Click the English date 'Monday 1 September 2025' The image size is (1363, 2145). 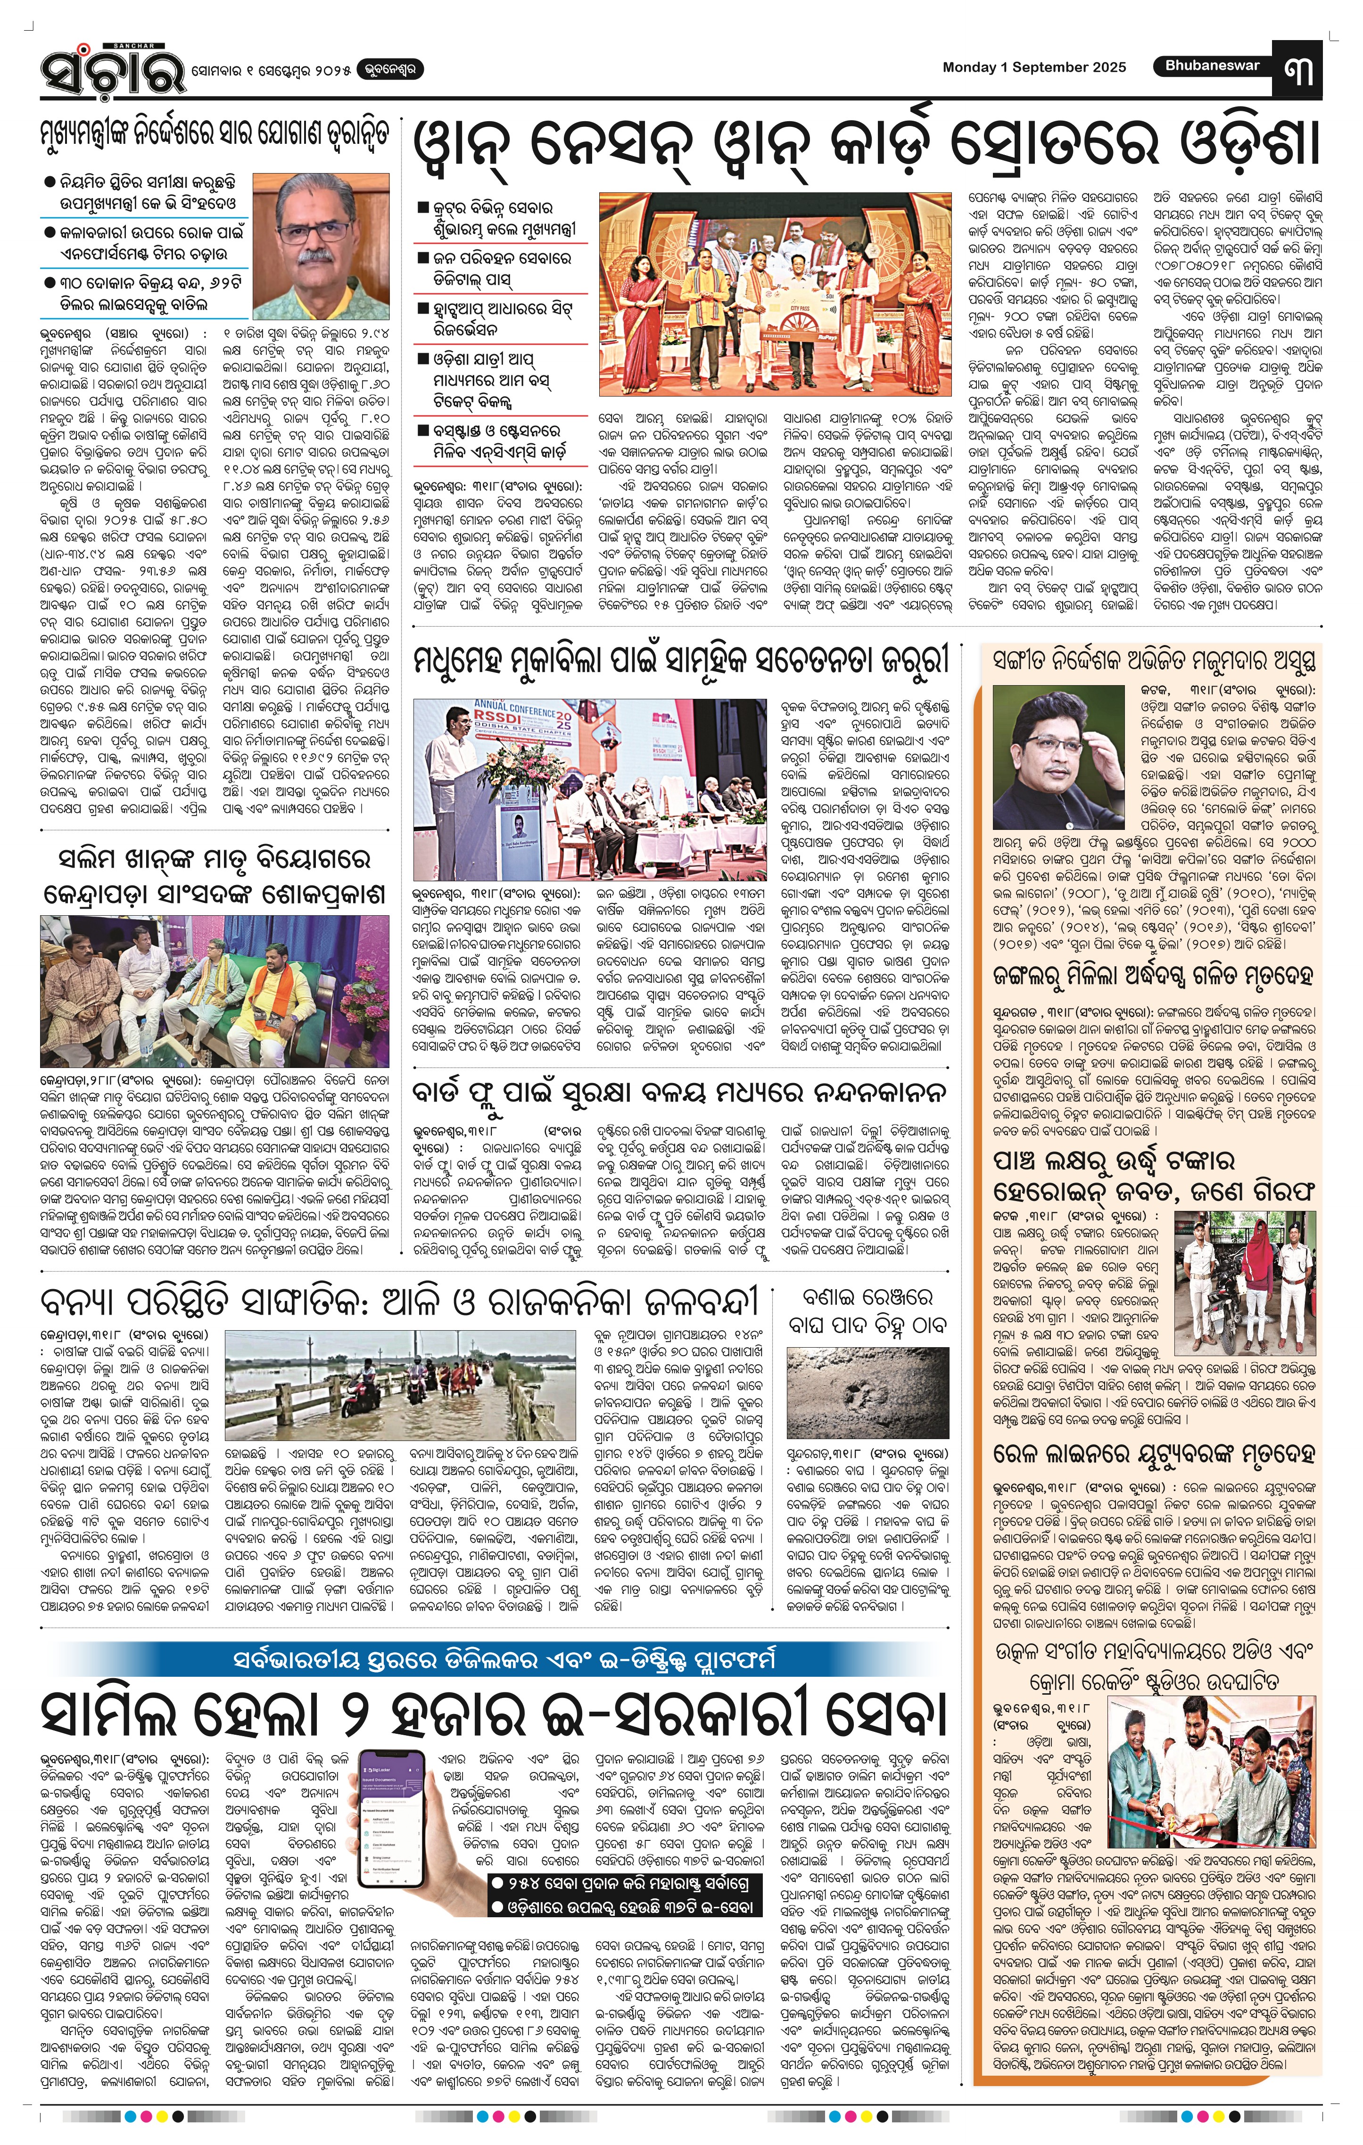[1033, 67]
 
